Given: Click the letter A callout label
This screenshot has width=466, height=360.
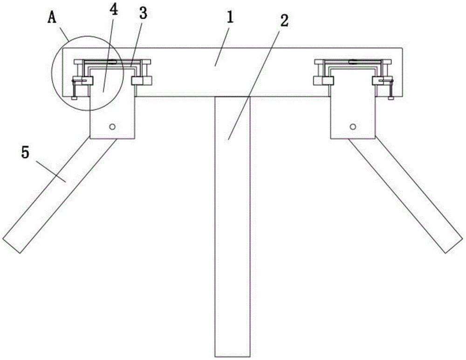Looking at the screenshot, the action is [52, 18].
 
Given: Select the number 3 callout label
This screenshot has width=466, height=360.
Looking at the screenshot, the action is [143, 14].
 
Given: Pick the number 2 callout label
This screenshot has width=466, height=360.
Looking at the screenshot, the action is [284, 21].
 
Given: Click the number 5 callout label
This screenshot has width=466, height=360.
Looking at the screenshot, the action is [25, 153].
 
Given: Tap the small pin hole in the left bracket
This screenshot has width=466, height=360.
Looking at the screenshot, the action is [112, 127].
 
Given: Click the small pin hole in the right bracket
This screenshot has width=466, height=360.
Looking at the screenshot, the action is [353, 127].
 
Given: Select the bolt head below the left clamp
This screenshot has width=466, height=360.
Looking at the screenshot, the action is [74, 97].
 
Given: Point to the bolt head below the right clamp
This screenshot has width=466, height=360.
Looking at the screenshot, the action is [391, 97].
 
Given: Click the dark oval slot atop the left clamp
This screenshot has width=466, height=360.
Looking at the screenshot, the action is [112, 62].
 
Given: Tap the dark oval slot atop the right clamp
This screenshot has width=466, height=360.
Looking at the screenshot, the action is [353, 62].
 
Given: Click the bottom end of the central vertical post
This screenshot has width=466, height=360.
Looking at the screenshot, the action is [233, 356].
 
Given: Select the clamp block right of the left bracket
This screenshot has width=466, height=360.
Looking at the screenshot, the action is [142, 80].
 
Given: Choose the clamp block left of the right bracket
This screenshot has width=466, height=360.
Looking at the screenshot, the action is [324, 80].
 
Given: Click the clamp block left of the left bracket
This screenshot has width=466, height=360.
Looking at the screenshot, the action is [83, 80].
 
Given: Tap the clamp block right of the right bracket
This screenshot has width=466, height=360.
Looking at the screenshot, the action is [382, 80].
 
